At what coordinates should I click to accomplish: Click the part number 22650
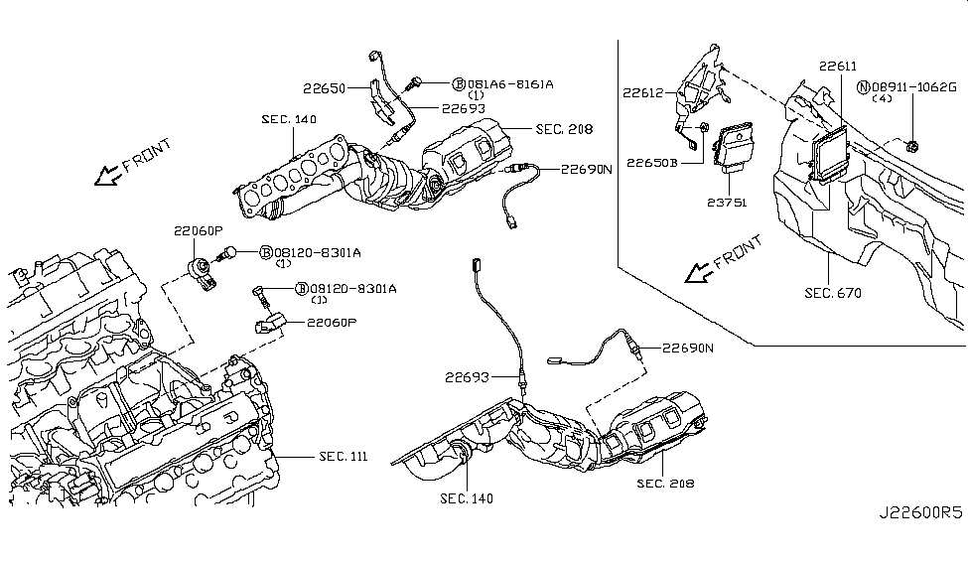(324, 89)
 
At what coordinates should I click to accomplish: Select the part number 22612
(643, 92)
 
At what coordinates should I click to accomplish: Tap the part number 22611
(838, 67)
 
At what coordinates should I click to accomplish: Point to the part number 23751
(727, 202)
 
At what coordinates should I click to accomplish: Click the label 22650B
(652, 163)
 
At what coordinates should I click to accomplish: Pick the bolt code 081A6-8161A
(510, 84)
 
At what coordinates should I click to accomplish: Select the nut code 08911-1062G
(913, 87)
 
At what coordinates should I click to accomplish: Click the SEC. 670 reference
(833, 293)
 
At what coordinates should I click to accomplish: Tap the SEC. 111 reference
(344, 457)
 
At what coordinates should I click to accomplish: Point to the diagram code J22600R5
(920, 512)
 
